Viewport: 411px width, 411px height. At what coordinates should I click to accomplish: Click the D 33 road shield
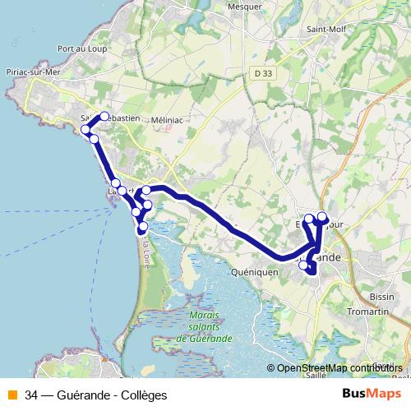pyautogui.click(x=263, y=73)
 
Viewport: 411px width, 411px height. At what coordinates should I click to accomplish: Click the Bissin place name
pyautogui.click(x=382, y=296)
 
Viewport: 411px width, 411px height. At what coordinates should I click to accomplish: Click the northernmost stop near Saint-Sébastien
pyautogui.click(x=104, y=117)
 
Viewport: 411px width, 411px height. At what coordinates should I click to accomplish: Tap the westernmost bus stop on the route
pyautogui.click(x=85, y=130)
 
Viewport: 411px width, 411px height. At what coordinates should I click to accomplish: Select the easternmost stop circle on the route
pyautogui.click(x=322, y=218)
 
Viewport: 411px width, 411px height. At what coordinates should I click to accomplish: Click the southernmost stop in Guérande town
pyautogui.click(x=304, y=266)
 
